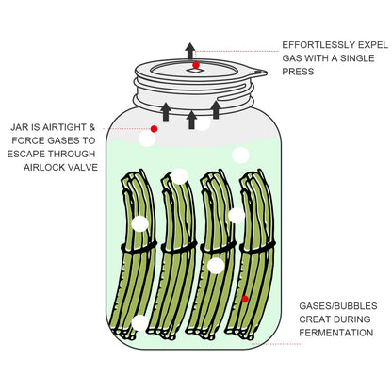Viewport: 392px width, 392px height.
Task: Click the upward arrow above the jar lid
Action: (190, 51)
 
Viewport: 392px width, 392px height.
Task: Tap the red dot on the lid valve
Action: (196, 66)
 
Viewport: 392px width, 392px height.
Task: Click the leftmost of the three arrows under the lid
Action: (166, 111)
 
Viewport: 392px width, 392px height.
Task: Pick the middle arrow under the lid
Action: (191, 119)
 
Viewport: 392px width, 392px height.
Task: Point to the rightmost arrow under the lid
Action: (216, 109)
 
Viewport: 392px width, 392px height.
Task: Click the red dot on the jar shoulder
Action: (154, 128)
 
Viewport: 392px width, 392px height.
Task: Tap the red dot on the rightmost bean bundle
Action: (244, 299)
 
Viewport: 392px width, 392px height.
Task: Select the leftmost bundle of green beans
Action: (137, 254)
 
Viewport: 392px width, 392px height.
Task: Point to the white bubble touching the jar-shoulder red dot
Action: (147, 139)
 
